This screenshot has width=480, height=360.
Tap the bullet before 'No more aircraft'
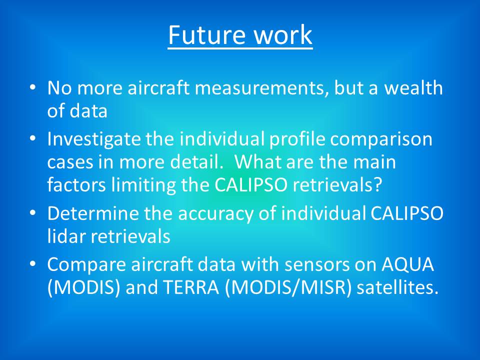[x=33, y=88]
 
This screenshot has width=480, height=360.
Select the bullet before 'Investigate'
[x=33, y=139]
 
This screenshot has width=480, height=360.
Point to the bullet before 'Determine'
[x=33, y=213]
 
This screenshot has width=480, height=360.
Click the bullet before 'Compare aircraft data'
[x=33, y=264]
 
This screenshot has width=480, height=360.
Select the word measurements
[x=261, y=88]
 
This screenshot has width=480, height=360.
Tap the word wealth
[x=413, y=87]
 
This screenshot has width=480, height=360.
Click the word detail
[x=196, y=161]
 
